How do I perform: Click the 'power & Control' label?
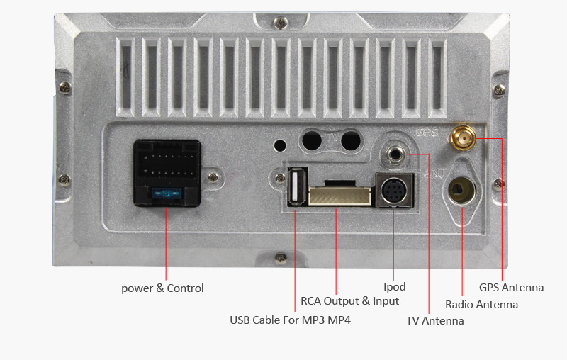point(162,288)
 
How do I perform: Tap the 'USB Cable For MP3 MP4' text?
point(290,320)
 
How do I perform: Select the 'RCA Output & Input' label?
point(350,301)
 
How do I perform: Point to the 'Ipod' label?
point(395,287)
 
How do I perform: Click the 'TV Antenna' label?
point(435,321)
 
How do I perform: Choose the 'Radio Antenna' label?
point(481,305)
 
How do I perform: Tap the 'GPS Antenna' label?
point(511,288)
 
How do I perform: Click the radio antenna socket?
point(461,189)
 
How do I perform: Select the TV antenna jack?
point(395,152)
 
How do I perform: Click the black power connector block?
point(167,172)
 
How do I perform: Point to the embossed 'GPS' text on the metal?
point(427,132)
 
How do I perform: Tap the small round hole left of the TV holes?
point(281,145)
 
